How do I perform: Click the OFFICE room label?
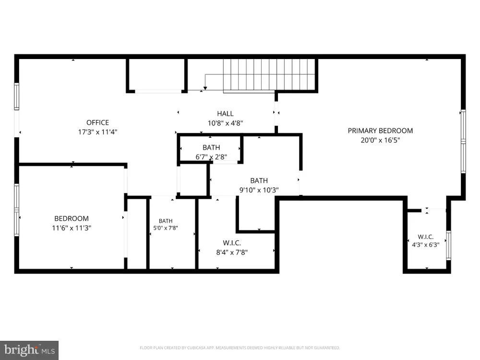pos(97,122)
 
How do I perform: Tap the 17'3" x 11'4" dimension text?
pos(97,132)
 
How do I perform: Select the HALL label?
pos(225,114)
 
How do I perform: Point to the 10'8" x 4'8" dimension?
pos(225,123)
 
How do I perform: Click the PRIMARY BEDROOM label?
pos(380,131)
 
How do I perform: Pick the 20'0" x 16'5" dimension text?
pos(380,140)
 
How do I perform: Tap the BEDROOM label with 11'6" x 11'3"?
pos(72,218)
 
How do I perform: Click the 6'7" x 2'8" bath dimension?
pos(211,157)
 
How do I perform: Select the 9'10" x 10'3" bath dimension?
pos(259,190)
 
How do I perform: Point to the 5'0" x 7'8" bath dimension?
pos(166,228)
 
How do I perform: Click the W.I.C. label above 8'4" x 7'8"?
pos(232,243)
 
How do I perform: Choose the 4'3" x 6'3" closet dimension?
pos(425,245)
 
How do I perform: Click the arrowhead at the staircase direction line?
pos(205,88)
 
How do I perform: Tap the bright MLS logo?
pos(29,350)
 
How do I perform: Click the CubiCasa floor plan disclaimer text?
pos(240,348)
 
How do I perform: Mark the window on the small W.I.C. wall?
pos(448,245)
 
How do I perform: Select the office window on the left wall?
pos(16,96)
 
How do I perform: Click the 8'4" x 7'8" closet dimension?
pos(232,252)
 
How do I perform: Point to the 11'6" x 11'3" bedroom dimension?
pos(72,228)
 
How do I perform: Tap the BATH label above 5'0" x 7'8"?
pos(166,221)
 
